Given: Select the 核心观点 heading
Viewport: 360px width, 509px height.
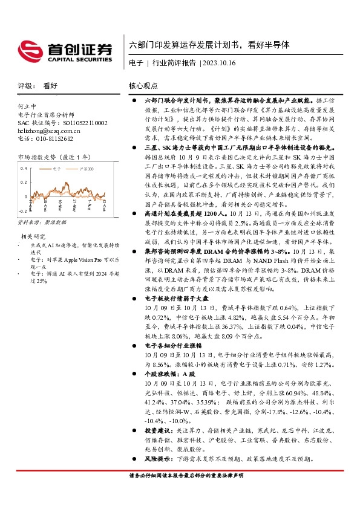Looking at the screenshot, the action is (143, 86).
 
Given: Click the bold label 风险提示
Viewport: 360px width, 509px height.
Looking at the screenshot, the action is (159, 458).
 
